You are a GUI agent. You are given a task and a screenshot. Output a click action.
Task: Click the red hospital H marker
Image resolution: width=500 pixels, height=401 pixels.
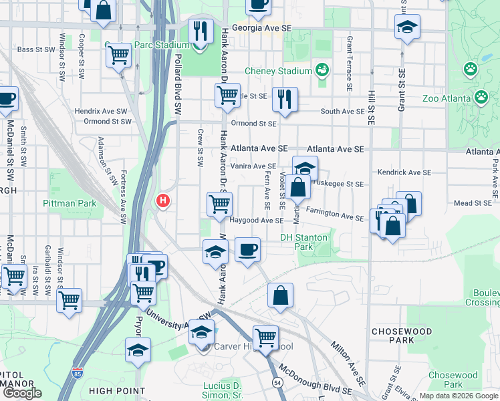click(x=162, y=200)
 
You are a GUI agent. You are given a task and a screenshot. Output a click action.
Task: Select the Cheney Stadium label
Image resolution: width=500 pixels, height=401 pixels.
click(x=278, y=70)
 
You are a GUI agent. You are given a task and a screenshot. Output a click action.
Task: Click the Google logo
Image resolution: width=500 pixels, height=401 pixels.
click(x=22, y=393)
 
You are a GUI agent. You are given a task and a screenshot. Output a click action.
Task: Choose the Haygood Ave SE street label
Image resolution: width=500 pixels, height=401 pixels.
click(x=257, y=220)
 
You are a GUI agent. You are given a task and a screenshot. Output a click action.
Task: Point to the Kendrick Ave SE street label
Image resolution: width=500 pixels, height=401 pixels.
click(x=404, y=172)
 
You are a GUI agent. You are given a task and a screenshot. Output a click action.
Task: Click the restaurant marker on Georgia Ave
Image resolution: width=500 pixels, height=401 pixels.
click(x=199, y=31)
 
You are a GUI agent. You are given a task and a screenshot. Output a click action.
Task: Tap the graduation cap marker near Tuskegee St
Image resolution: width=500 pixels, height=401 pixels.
click(x=305, y=168)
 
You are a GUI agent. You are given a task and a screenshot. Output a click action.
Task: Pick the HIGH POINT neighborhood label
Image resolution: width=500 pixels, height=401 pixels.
click(x=117, y=391)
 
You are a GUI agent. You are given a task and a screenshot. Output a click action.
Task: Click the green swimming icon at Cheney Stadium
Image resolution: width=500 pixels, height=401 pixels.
click(x=322, y=70)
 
